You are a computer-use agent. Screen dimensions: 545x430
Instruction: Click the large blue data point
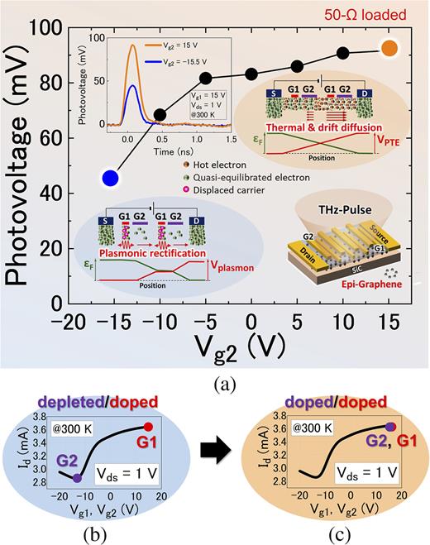coord(109,177)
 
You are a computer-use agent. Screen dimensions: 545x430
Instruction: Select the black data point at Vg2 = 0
coord(251,74)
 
